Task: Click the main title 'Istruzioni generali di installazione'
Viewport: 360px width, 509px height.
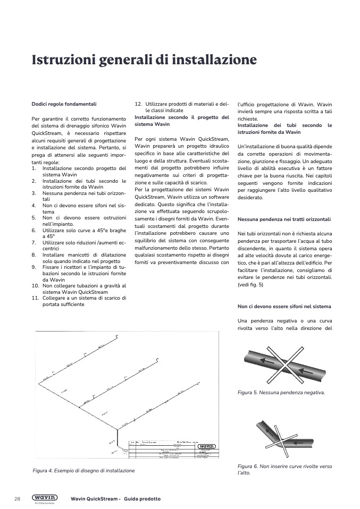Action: coord(144,60)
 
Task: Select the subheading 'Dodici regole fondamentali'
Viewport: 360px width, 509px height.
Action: coord(64,104)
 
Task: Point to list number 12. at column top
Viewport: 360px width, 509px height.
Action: coord(138,104)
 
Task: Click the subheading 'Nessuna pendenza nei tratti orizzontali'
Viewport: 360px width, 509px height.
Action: coord(284,219)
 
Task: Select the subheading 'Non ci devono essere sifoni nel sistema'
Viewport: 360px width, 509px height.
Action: coord(284,307)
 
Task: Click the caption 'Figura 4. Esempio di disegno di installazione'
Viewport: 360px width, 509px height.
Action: coord(83,471)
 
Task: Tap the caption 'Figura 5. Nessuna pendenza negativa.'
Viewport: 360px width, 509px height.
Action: coord(281,393)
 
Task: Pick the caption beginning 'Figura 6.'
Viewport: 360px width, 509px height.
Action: coord(284,469)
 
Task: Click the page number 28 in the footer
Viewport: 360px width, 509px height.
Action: coord(17,499)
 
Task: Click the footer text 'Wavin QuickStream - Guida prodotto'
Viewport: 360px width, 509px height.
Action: coord(115,499)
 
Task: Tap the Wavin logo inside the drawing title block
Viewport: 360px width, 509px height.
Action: coord(206,446)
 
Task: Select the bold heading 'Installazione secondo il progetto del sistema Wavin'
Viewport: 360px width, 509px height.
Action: coord(181,121)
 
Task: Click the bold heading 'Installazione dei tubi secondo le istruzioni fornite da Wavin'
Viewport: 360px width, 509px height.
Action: coord(284,129)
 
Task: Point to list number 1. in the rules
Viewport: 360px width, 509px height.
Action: coord(34,168)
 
